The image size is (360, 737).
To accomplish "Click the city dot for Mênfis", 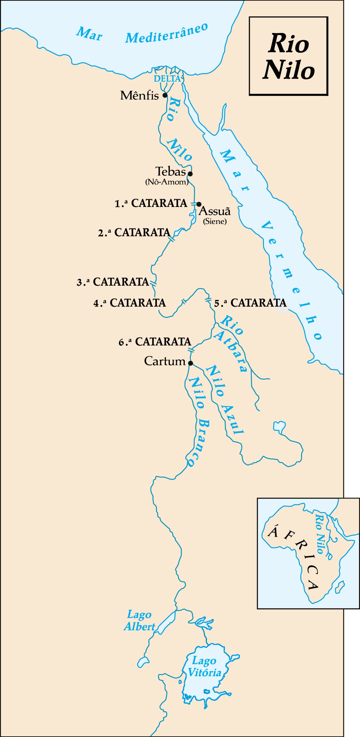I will click(165, 95).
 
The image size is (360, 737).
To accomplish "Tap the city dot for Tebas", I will click(190, 174).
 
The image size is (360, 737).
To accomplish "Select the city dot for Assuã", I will click(199, 204).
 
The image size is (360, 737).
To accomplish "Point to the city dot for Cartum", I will click(190, 363).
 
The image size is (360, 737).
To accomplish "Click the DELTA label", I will click(167, 79).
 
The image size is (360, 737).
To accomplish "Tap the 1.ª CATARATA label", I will click(151, 203).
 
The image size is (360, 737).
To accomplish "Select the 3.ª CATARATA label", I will click(113, 282).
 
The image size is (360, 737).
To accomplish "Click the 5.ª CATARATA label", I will click(250, 303).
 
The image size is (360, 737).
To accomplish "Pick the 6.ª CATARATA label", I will click(155, 342).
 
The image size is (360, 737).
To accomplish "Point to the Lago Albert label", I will click(139, 621).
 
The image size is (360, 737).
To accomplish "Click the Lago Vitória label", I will click(205, 667).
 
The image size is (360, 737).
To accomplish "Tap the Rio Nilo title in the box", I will click(289, 56).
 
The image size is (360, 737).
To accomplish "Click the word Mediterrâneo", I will click(167, 34).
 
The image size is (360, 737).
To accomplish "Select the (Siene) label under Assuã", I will click(215, 221).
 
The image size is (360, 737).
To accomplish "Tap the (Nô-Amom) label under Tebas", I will click(167, 182).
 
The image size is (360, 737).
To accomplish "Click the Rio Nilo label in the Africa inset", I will click(320, 534).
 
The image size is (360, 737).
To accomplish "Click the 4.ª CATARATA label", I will click(130, 303).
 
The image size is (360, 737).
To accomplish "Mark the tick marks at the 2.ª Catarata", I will click(171, 239).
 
